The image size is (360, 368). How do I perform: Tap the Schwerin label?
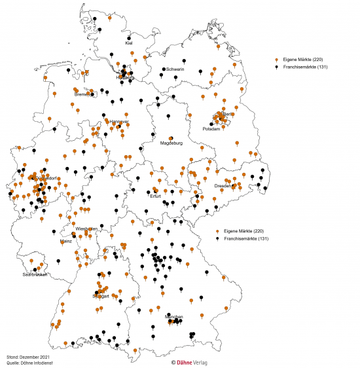(x=175, y=69)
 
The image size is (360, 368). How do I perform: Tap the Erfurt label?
(x=154, y=196)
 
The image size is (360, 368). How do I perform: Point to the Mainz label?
(x=65, y=241)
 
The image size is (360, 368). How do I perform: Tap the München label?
(x=173, y=317)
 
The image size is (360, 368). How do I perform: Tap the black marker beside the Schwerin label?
(x=163, y=69)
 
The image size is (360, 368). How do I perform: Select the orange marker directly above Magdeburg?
(x=171, y=138)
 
